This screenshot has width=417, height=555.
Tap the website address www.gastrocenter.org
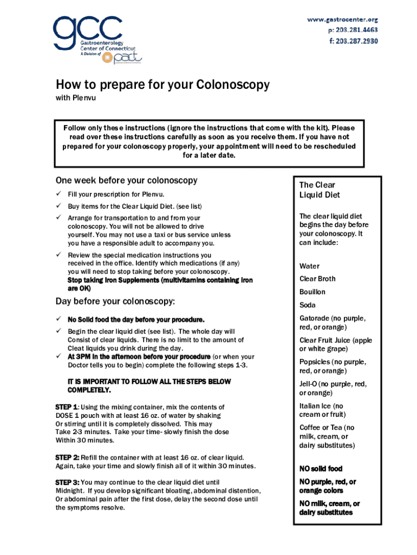point(342,20)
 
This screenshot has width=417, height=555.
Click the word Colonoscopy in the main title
point(233,85)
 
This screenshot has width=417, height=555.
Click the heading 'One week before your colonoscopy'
point(126,180)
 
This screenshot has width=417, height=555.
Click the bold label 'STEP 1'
point(66,407)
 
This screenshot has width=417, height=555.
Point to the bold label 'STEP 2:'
point(68,457)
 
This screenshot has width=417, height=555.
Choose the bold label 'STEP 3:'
point(68,482)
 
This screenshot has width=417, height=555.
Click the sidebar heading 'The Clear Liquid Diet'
point(320,190)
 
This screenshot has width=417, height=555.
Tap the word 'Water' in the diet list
point(309,266)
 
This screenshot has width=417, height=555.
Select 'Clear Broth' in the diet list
point(317,279)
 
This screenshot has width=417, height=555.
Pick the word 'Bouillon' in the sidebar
point(312,292)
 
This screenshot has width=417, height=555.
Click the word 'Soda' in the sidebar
point(308,305)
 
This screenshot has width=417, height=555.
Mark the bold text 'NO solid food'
point(321,468)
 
